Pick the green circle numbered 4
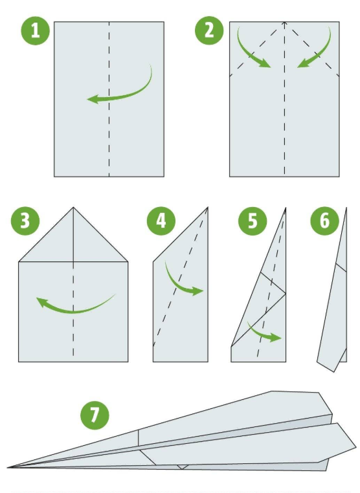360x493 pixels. pos(161,221)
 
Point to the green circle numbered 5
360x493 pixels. pos(253,221)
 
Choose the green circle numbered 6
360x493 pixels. pos(324,221)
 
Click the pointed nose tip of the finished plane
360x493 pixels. pos(9,466)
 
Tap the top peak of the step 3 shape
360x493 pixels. pos(73,208)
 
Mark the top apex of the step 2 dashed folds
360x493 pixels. pos(284,23)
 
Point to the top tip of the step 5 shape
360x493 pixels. pos(285,209)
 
